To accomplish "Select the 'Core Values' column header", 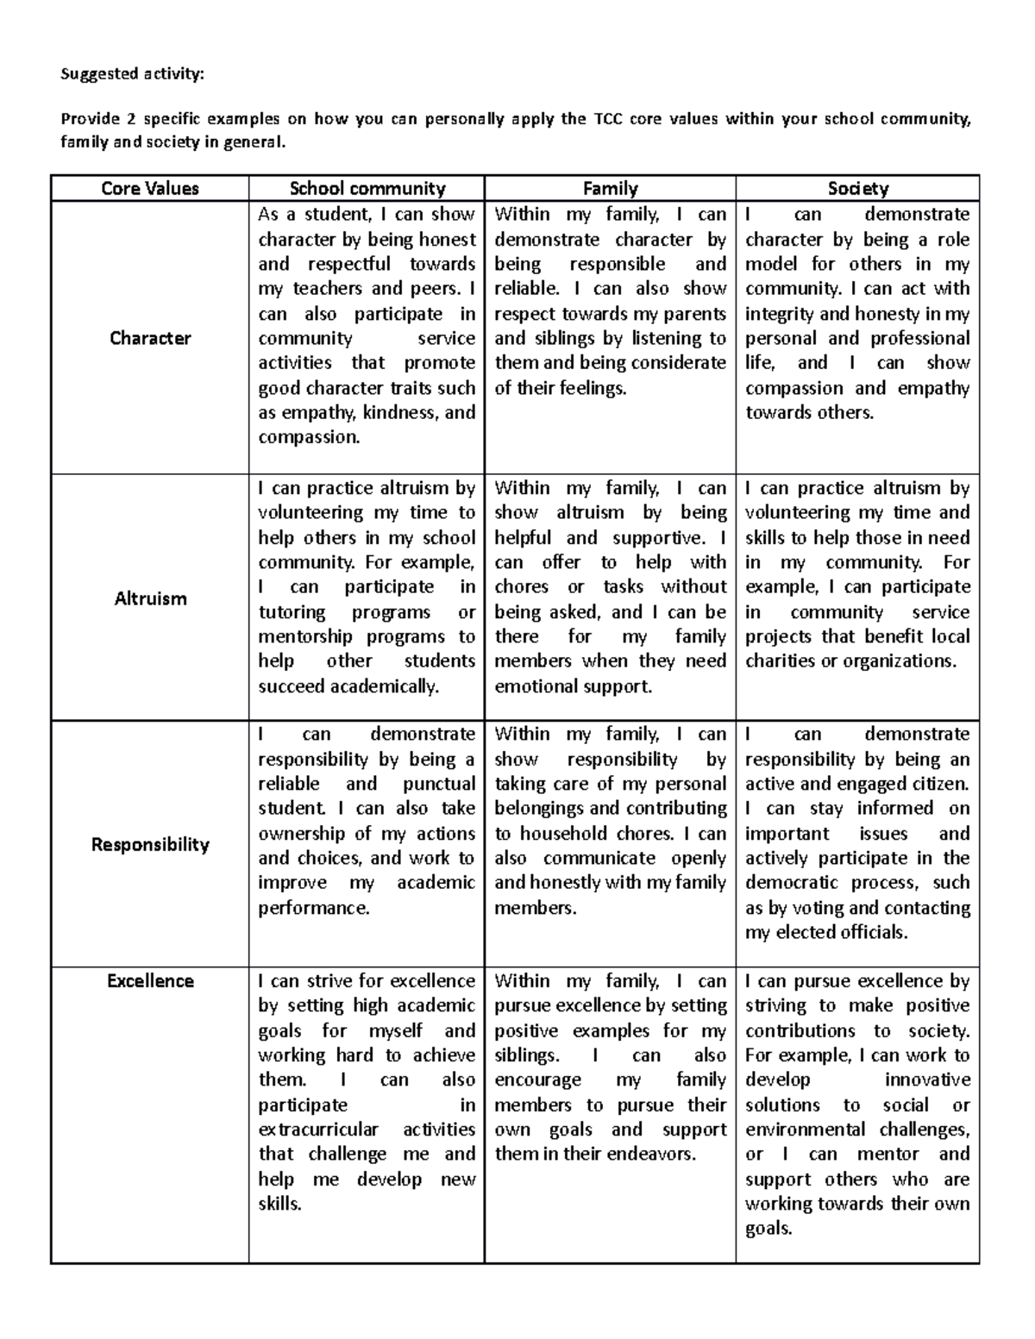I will pos(150,188).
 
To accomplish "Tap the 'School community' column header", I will pos(367,188).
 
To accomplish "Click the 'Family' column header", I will pos(610,188).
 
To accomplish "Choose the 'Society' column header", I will pos(857,188).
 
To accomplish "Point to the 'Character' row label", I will pos(150,338).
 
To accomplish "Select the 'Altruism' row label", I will pos(150,598).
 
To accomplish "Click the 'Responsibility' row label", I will pos(150,844).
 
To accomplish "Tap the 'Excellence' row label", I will pos(150,981).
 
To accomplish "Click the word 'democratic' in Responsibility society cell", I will pos(791,883).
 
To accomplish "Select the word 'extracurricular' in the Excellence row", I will pos(318,1129).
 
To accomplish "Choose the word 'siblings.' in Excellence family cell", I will pos(527,1055).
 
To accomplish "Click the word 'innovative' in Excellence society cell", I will pos(927,1080).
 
